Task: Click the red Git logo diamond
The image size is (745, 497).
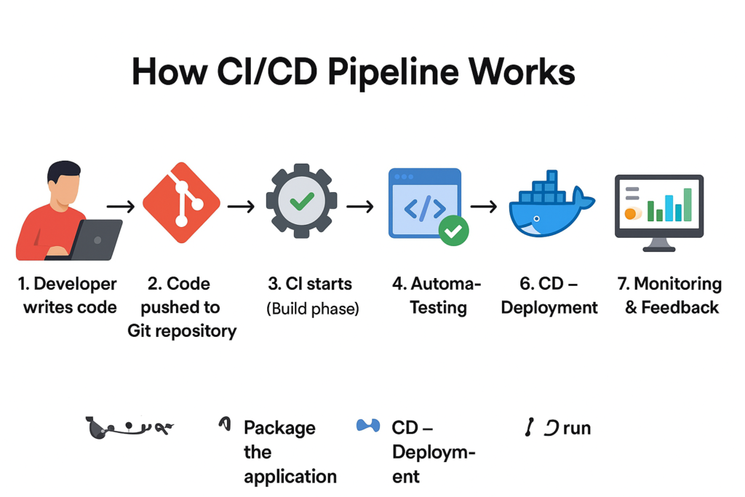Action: point(181,202)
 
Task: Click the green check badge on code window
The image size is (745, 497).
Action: point(453,231)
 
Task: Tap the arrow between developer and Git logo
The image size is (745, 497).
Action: point(121,207)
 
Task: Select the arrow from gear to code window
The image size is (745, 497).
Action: point(359,207)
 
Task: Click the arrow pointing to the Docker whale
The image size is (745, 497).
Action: point(483,207)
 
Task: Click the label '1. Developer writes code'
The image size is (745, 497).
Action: point(70,295)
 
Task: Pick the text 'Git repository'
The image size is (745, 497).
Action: point(182,331)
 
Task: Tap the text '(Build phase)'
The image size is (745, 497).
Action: point(313,309)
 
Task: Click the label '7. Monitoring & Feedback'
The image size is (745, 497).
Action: point(672,295)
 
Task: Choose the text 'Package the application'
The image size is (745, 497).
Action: point(290,452)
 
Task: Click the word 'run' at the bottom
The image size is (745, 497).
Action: point(576,428)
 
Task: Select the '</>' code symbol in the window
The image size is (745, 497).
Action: point(424,209)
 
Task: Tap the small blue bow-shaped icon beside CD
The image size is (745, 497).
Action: point(368,426)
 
